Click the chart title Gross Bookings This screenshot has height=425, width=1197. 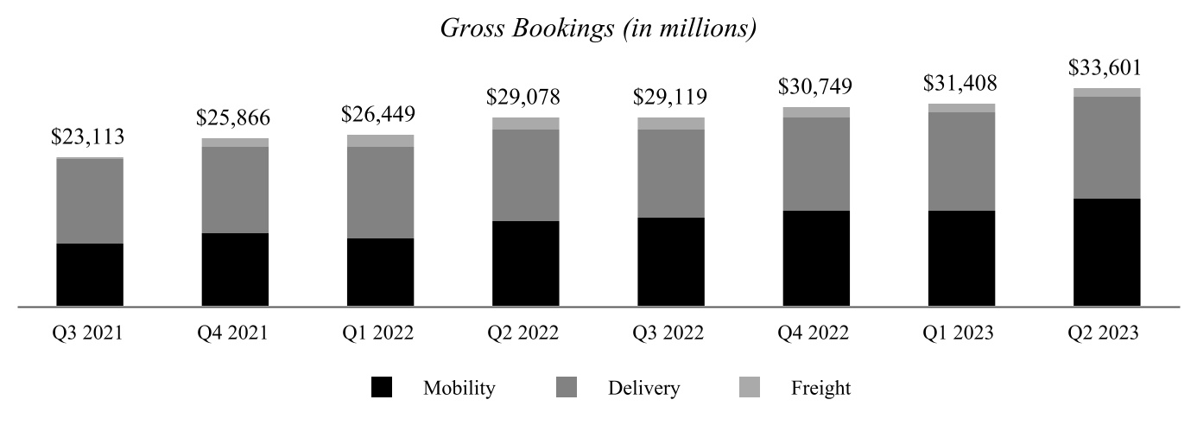tap(598, 28)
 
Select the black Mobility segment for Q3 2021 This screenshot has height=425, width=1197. tap(90, 275)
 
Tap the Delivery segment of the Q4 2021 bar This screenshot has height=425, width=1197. tap(235, 190)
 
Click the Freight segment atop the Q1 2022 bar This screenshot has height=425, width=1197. tap(380, 141)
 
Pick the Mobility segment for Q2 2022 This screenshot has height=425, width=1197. tap(526, 263)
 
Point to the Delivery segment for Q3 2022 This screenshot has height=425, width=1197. tap(671, 174)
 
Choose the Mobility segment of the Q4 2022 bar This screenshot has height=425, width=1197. tap(816, 258)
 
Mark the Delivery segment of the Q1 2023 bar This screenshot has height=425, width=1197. tap(961, 162)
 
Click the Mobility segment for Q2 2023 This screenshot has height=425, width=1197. tap(1106, 252)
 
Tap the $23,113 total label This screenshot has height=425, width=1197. tap(90, 136)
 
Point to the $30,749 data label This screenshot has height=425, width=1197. tap(816, 86)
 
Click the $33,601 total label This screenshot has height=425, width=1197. tap(1106, 67)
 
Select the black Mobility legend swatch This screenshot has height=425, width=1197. tap(382, 388)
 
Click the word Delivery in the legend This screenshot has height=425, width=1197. tap(643, 388)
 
